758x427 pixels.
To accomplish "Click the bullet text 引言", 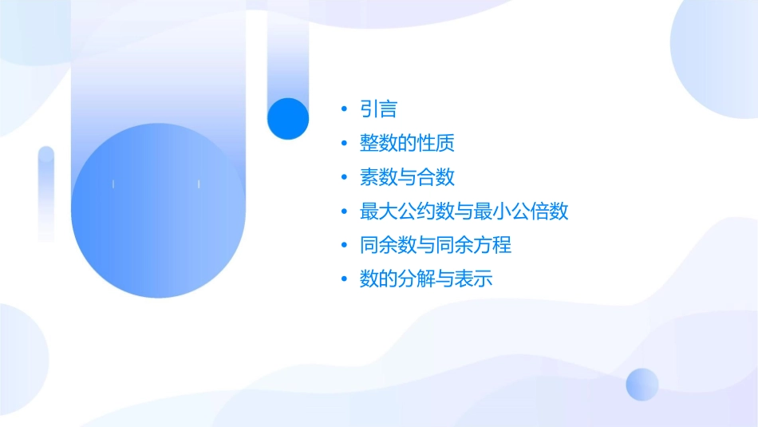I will pos(378,109).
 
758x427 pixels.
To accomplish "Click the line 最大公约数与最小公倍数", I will pos(464,212).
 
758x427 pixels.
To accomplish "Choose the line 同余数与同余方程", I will pos(435,245).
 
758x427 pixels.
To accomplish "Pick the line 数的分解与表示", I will pos(426,279).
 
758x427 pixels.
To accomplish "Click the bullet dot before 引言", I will pos(343,109).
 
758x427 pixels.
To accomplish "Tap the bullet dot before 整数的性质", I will pos(343,144).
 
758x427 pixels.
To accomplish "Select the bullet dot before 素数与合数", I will pos(343,177).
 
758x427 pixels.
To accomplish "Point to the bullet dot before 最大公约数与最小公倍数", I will pos(343,212).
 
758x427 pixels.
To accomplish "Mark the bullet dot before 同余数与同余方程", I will pos(343,245).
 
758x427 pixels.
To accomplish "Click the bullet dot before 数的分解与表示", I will pos(343,279).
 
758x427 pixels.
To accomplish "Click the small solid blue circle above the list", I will pos(287,118).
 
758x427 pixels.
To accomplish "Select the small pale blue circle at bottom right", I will pos(642,384).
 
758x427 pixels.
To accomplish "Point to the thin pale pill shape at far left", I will pos(46,192).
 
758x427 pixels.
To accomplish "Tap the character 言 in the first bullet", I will pos(388,109).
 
